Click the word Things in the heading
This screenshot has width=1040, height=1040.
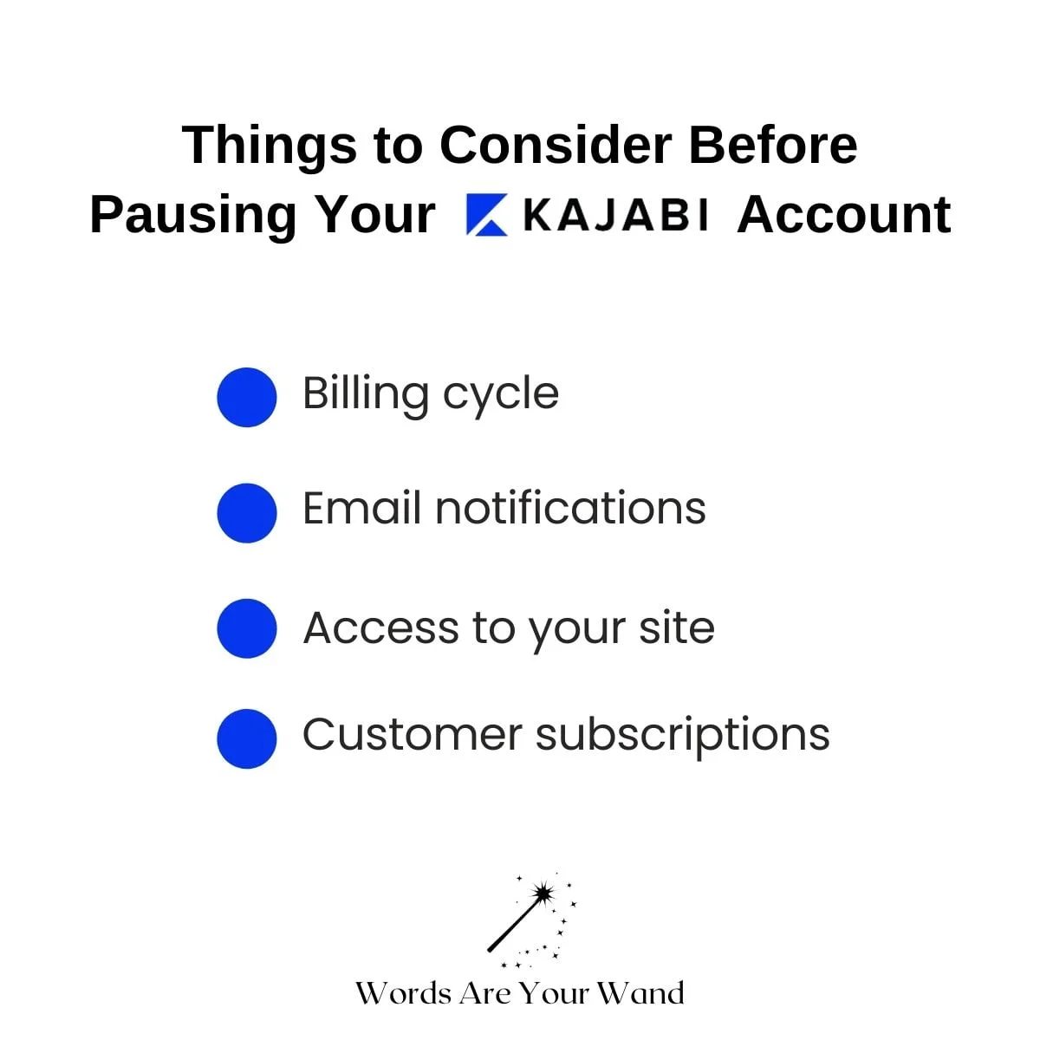point(270,146)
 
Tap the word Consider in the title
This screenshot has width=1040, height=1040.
point(556,146)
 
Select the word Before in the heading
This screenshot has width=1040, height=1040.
point(773,146)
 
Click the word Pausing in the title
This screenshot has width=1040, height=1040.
point(192,217)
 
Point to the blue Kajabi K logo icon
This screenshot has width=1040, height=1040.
point(486,214)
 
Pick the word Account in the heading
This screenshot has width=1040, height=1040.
point(843,215)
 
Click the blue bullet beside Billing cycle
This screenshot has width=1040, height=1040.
point(247,397)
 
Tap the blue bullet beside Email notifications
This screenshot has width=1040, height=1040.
point(247,513)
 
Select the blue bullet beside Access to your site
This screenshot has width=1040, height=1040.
point(247,628)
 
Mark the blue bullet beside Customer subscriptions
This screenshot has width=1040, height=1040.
point(247,738)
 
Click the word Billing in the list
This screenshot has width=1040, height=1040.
point(366,395)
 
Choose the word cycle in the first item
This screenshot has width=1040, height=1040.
point(501,398)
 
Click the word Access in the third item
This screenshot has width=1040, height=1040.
point(381,627)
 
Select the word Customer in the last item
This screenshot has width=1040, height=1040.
point(413,735)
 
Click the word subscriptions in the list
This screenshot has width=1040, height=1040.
point(683,736)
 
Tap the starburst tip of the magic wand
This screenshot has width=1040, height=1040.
point(543,894)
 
